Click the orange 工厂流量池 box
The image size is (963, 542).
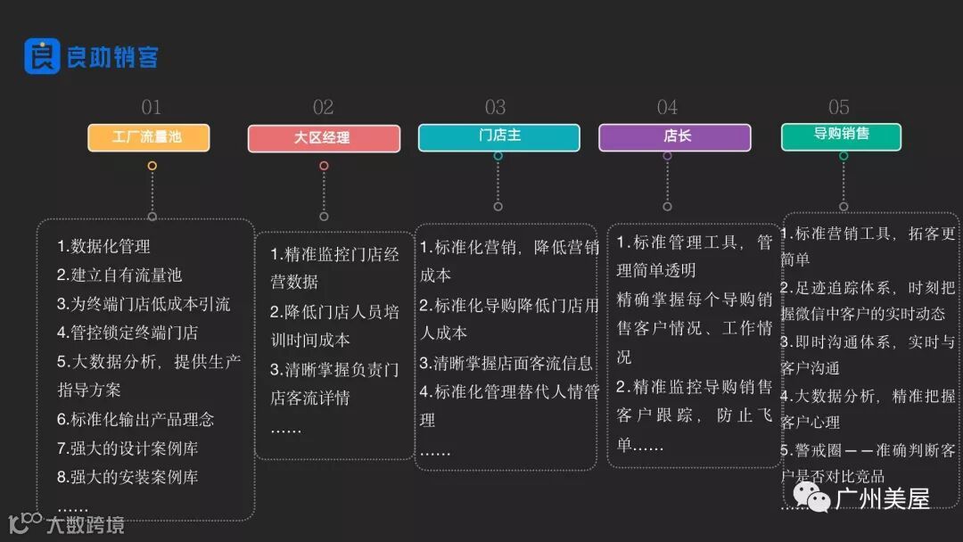click(x=148, y=137)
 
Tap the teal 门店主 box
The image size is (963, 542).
click(x=498, y=137)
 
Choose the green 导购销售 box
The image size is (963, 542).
click(x=841, y=135)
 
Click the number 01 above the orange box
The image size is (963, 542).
click(x=151, y=108)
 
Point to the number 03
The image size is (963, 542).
click(x=495, y=108)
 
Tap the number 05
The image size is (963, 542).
click(x=839, y=108)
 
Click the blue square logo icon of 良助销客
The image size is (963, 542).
click(x=41, y=56)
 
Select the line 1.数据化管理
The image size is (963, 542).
click(x=103, y=247)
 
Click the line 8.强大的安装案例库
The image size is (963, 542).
click(x=128, y=477)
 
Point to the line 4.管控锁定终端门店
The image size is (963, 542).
click(x=128, y=333)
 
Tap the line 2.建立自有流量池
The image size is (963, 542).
click(x=119, y=275)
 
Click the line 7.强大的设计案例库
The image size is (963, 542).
click(x=128, y=448)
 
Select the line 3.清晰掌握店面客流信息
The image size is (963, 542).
click(x=506, y=363)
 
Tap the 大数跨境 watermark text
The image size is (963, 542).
click(x=85, y=524)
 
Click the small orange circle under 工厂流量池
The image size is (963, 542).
click(x=152, y=166)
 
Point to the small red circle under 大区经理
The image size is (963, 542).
click(x=324, y=166)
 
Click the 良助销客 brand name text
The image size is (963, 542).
click(x=112, y=58)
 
